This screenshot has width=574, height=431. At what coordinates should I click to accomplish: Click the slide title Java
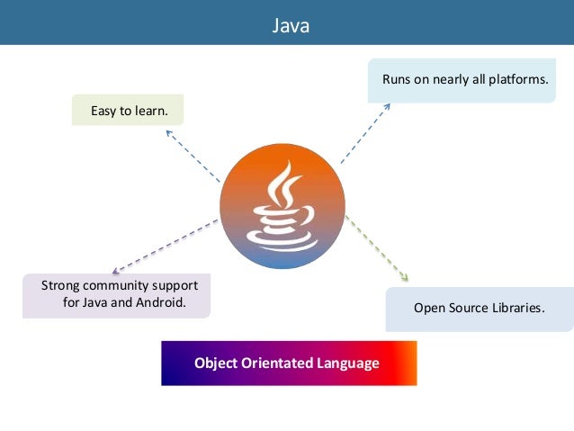[x=291, y=26]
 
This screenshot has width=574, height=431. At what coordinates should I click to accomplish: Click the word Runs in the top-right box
[x=397, y=80]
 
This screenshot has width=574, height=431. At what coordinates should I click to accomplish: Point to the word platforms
[x=517, y=80]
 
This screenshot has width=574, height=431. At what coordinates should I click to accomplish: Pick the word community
[x=119, y=285]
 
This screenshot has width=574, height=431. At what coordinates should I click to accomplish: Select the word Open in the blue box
[x=430, y=308]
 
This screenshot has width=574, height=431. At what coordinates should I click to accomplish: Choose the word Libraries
[x=519, y=308]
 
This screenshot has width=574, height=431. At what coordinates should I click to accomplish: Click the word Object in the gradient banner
[x=215, y=364]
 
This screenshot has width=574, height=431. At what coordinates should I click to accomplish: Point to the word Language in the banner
[x=347, y=364]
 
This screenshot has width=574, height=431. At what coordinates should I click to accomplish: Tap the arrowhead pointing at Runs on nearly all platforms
[x=387, y=105]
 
